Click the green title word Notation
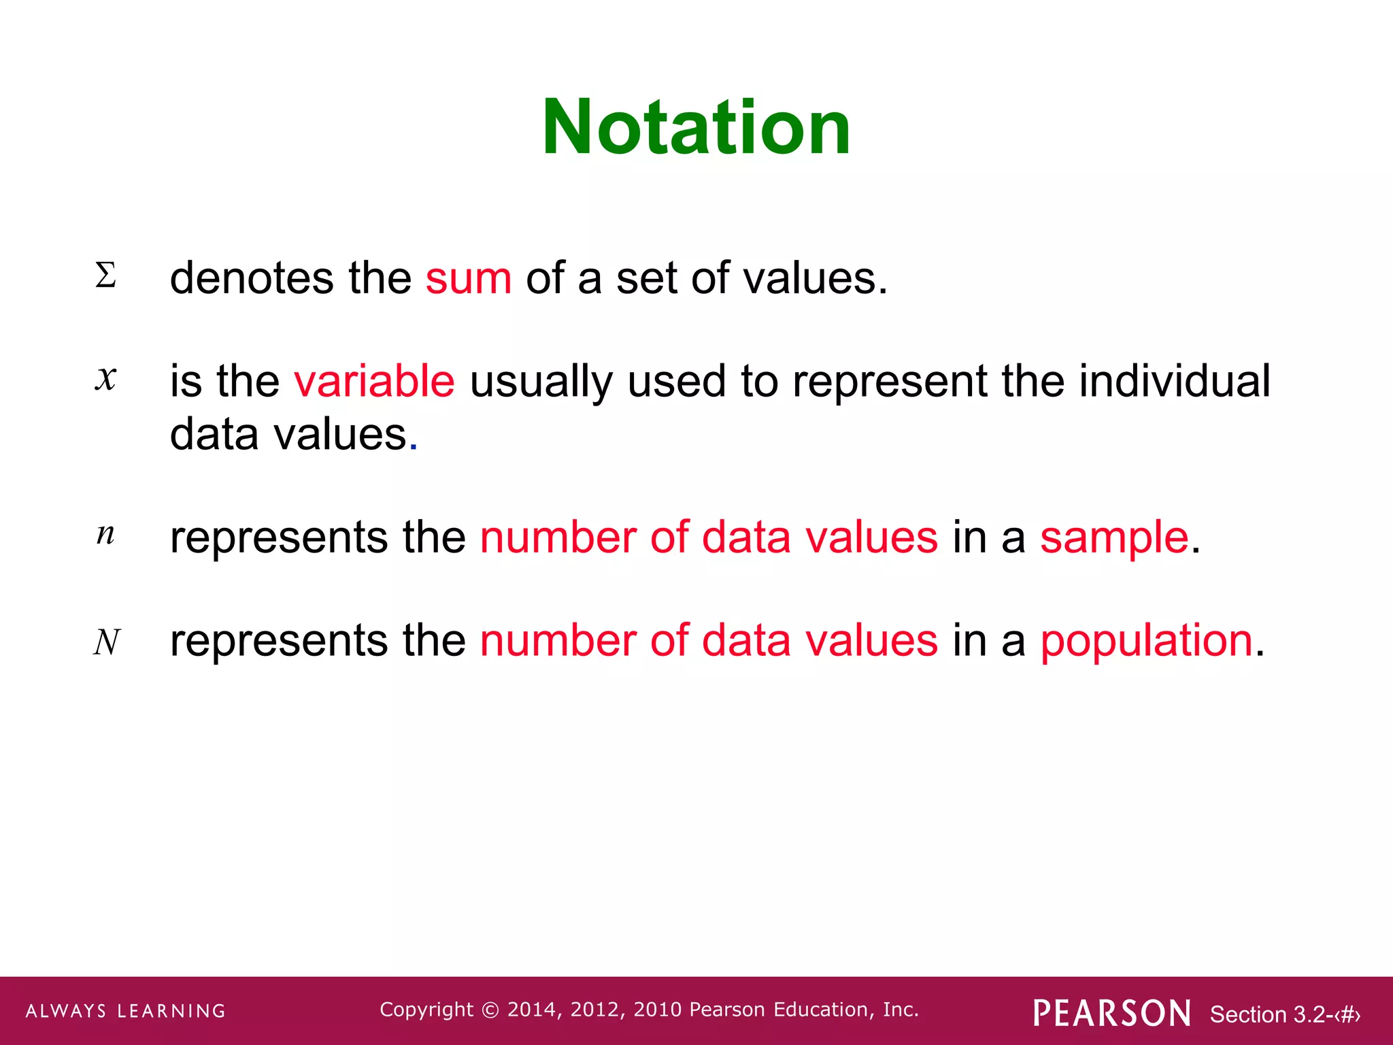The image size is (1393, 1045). pos(696,127)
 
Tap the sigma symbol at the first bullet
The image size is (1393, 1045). pos(105,276)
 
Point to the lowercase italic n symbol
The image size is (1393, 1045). pos(105,535)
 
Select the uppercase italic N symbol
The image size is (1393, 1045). pos(107,642)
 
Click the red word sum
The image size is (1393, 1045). pos(468,278)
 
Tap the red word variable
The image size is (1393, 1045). pos(374,380)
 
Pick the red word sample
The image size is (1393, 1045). pos(1114,537)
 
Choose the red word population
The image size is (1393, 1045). pos(1147,640)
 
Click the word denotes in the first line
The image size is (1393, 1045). pos(252,278)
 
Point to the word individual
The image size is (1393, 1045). pos(1175,380)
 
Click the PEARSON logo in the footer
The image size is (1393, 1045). pos(1112,1013)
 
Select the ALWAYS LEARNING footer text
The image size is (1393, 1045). pos(126,1011)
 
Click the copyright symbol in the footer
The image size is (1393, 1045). pos(490,1010)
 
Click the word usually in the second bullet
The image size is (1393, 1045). pos(541,382)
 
